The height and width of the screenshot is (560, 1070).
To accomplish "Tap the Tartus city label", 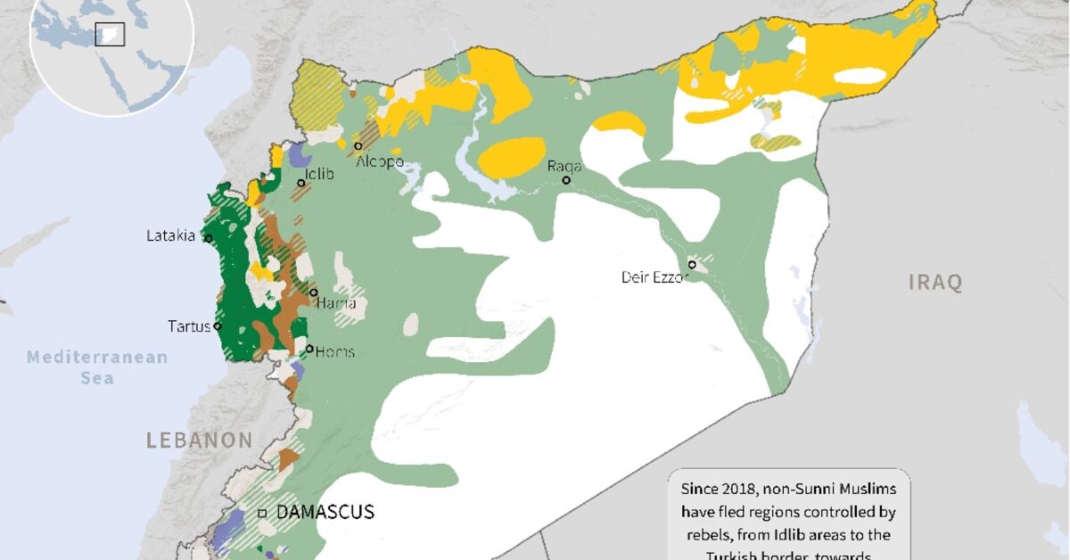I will click(x=189, y=326).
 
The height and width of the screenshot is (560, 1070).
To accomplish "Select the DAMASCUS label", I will click(x=325, y=513).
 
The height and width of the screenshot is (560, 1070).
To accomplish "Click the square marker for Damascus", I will click(x=262, y=514).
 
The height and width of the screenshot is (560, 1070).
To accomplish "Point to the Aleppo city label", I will click(x=380, y=162).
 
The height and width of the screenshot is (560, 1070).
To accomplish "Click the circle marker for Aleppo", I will click(x=358, y=146).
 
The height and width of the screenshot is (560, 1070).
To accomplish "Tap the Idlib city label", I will click(x=319, y=174).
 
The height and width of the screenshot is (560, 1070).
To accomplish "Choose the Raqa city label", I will click(x=564, y=166).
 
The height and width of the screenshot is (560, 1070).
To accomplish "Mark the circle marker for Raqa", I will click(x=566, y=180).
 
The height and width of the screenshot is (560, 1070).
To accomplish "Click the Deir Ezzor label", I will click(x=655, y=277).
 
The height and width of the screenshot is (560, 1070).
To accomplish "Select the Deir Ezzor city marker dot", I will click(x=692, y=265).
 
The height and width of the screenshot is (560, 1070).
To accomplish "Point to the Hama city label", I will click(x=336, y=304).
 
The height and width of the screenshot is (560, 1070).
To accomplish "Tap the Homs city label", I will click(x=334, y=352).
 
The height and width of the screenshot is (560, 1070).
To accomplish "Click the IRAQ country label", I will click(x=935, y=284).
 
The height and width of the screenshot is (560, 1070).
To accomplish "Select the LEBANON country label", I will click(x=200, y=441).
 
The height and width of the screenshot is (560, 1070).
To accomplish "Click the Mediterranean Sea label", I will click(x=96, y=367).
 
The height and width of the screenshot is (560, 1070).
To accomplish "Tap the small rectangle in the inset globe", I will click(x=110, y=34).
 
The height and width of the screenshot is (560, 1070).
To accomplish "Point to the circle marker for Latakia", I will click(x=208, y=238).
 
